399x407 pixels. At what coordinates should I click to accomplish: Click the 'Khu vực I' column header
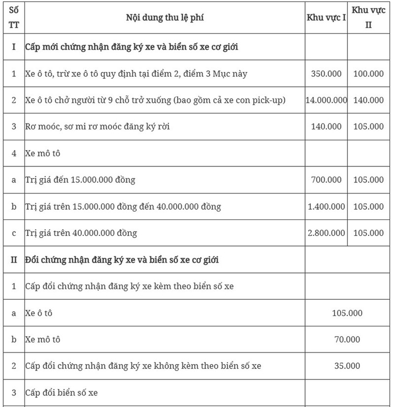[326, 18]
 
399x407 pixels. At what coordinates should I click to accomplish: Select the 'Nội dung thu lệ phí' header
[165, 18]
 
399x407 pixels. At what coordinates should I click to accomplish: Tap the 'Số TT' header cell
[13, 18]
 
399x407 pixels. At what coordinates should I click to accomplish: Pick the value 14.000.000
[326, 100]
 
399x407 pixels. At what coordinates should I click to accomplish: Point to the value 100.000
[368, 74]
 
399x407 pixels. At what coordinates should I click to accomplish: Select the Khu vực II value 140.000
[368, 100]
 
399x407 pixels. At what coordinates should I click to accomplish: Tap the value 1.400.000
[326, 206]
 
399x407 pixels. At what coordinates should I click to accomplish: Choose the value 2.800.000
[326, 233]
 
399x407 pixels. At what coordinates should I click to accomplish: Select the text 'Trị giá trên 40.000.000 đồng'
[81, 233]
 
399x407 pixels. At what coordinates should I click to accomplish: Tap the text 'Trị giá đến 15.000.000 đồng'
[80, 180]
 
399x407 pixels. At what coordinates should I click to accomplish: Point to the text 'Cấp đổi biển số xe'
[62, 392]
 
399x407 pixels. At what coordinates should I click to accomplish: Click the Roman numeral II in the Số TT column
[13, 259]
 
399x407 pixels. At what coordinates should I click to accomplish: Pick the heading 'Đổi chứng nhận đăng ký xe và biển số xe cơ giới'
[122, 259]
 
